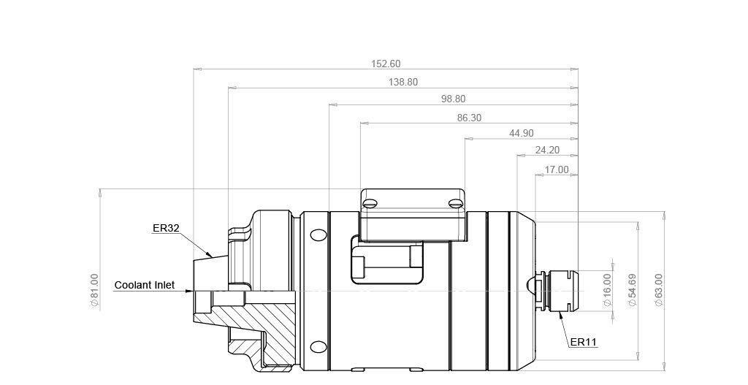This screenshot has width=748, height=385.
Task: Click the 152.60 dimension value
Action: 386,64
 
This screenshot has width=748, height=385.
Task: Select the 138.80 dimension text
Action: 403,82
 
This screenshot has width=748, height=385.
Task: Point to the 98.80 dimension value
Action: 453,99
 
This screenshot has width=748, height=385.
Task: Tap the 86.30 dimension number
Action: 470,118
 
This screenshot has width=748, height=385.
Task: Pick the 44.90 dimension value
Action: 522,133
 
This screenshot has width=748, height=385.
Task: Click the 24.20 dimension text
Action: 547,150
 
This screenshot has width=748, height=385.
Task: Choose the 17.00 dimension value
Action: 557,169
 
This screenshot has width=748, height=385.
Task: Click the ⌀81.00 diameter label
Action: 94,291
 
